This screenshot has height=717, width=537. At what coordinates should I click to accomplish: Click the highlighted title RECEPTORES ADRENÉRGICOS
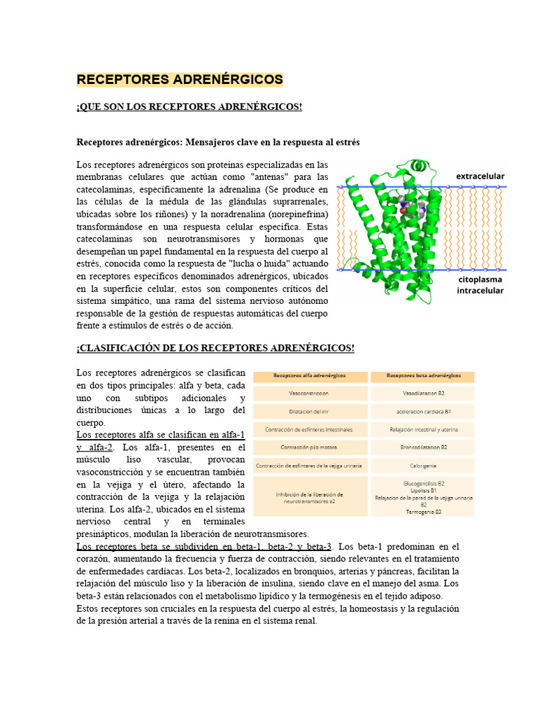click(180, 79)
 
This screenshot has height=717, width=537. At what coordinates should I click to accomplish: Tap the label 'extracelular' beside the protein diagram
click(480, 176)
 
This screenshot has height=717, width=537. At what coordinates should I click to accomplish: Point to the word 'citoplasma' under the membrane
click(480, 279)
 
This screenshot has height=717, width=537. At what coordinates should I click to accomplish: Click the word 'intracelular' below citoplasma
click(480, 291)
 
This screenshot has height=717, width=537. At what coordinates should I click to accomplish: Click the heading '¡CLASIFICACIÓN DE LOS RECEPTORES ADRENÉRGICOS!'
click(215, 349)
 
